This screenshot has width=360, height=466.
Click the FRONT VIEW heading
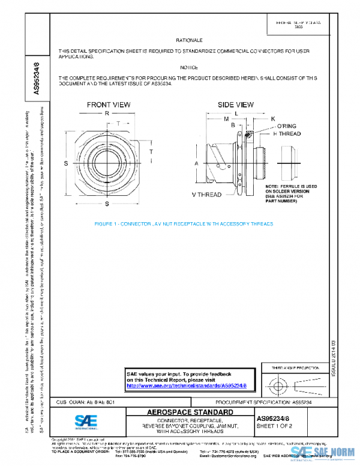pos(108,104)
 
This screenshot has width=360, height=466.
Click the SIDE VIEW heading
pos(235,104)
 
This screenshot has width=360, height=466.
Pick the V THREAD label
pos(208,195)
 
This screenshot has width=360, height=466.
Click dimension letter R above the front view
pos(106,113)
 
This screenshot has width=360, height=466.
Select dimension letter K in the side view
pos(272,119)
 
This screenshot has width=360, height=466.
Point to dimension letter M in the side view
pos(226,119)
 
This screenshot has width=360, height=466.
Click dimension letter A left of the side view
pos(196,163)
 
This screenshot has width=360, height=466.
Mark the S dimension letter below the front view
pos(107,195)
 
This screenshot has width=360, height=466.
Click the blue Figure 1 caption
pos(184,223)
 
